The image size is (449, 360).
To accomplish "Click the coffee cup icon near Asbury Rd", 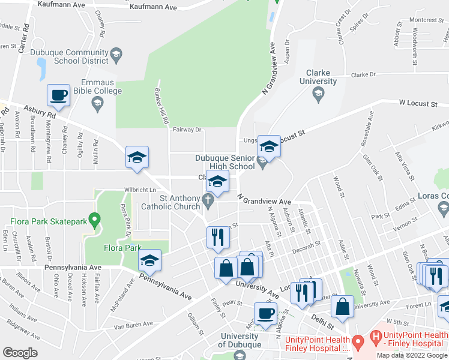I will click(59, 94).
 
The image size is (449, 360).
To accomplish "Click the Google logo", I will click(20, 353).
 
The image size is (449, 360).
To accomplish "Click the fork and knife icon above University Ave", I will click(217, 237).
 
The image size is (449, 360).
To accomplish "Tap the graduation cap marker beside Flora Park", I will click(149, 260).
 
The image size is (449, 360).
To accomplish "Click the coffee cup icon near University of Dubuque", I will click(265, 313).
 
